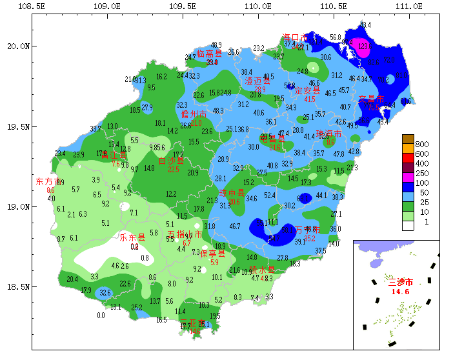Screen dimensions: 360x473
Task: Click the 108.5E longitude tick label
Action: coord(32,6)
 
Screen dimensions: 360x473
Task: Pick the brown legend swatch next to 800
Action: coord(407,139)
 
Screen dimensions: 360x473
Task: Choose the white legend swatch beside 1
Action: coord(407,226)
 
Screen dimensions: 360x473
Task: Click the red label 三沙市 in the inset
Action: coord(401,282)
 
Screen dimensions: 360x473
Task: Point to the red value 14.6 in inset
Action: coord(401,292)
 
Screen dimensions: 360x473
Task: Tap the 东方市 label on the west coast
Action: coord(47,181)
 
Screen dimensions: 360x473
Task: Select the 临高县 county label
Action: coord(209,54)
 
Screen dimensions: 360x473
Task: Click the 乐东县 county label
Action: coord(132,237)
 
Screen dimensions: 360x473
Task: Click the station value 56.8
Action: coord(336,37)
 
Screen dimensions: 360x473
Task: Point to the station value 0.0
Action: coord(101,315)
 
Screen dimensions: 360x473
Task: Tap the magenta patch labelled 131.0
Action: coord(362,46)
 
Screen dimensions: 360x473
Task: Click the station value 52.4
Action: coord(270,195)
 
